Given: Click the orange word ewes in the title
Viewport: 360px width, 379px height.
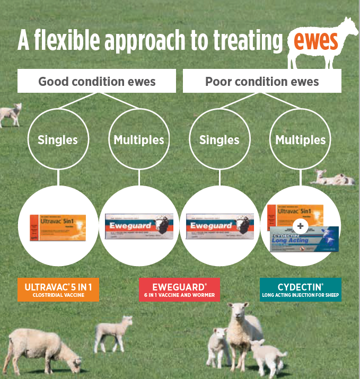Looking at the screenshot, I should point(313,41).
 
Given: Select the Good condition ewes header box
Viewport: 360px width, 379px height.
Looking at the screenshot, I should point(97,82).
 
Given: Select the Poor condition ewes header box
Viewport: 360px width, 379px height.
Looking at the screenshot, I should point(262,82).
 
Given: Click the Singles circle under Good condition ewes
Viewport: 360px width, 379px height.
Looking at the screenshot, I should point(57,140).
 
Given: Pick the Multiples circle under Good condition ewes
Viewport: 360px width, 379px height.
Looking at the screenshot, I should point(138,140).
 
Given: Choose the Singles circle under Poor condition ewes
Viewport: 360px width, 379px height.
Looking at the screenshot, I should point(219,140).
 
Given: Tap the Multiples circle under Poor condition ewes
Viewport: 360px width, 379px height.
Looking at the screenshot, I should point(301,140).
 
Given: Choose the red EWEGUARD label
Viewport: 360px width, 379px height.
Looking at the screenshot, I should point(179,289).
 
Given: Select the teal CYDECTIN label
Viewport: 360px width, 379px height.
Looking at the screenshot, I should point(301,289).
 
